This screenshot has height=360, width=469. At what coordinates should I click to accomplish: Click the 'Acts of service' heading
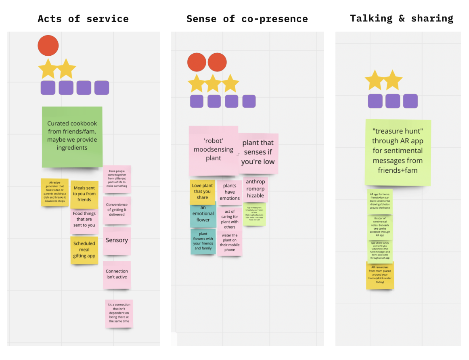(83, 19)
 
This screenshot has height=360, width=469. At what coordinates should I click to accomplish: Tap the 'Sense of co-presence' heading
(247, 19)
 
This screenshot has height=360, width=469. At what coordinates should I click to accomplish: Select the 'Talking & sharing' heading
(402, 18)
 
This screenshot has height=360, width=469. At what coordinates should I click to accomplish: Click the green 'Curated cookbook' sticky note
(72, 136)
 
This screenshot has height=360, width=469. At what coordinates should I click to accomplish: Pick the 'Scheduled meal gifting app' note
(84, 250)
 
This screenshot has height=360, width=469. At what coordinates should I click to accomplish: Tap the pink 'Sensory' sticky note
(117, 241)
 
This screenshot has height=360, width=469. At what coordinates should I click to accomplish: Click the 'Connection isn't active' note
(117, 274)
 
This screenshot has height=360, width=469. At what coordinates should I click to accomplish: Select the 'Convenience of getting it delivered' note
(117, 210)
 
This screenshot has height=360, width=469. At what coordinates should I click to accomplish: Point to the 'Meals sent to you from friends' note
(84, 194)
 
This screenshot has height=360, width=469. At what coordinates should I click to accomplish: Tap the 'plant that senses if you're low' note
(258, 153)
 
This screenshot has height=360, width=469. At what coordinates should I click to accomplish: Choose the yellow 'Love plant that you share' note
(202, 192)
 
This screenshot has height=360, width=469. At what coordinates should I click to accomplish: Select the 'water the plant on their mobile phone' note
(230, 243)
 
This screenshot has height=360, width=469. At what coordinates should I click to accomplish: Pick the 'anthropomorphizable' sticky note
(255, 189)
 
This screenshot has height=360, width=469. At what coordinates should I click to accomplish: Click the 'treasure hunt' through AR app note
(398, 151)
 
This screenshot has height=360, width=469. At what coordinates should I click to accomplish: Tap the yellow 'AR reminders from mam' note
(380, 275)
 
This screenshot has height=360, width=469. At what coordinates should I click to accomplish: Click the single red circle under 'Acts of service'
(48, 45)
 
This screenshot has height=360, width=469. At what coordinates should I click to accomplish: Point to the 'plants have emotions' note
(230, 193)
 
